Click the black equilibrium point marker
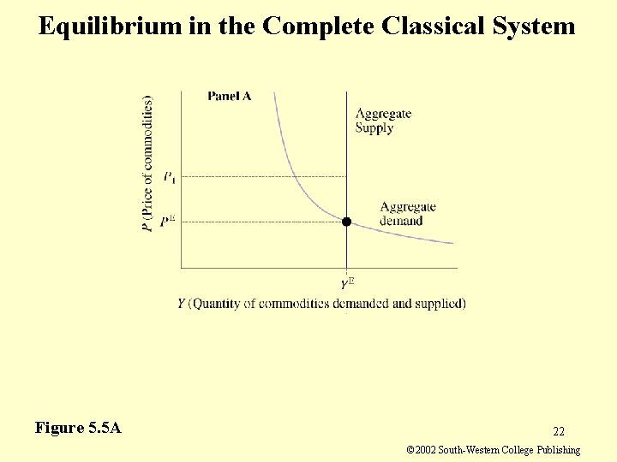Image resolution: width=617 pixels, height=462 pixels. coord(346,222)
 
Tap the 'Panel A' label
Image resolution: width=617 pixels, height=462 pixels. coord(230,97)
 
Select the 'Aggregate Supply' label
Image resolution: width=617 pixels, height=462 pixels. coord(383,121)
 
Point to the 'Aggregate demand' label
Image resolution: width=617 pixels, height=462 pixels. coord(407,213)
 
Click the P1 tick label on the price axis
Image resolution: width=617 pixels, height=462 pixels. coord(171,177)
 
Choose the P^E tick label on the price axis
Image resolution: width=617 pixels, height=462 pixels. coord(169,222)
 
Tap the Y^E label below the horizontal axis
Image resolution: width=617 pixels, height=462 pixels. coord(347,282)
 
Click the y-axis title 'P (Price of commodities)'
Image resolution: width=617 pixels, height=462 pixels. coord(148,163)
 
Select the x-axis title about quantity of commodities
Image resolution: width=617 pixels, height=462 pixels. coord(321,304)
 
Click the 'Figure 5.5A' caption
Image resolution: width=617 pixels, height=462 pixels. coord(78,427)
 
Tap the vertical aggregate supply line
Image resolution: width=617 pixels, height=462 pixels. coord(346,154)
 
